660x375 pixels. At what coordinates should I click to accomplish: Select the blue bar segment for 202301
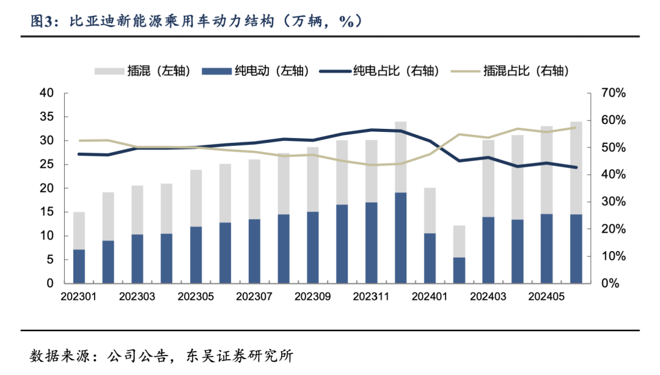79,266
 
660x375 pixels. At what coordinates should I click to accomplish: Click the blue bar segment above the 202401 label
430,258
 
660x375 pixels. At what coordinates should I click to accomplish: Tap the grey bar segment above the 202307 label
254,189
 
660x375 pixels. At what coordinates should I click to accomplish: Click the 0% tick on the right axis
610,283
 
